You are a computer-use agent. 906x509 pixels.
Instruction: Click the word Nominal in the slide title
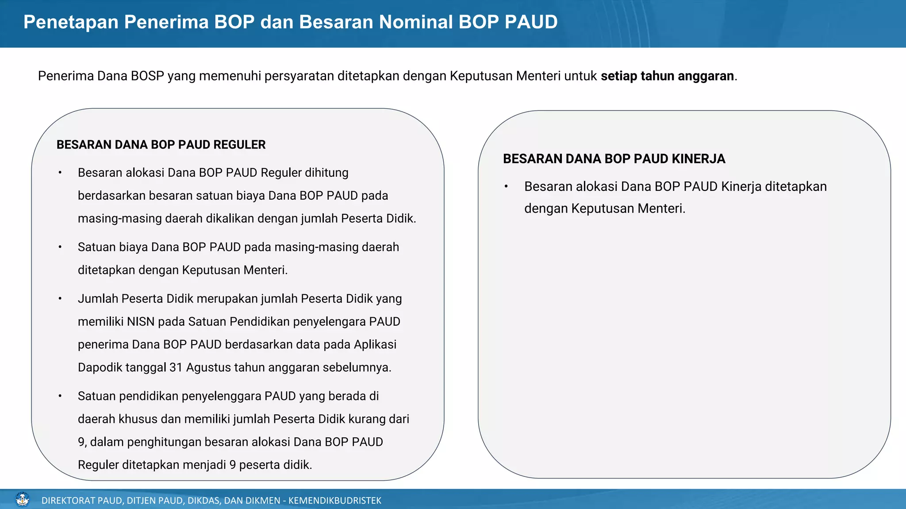click(x=415, y=22)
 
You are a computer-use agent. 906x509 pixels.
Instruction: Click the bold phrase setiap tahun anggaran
click(x=667, y=76)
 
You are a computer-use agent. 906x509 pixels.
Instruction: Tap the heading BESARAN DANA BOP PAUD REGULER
click(x=161, y=145)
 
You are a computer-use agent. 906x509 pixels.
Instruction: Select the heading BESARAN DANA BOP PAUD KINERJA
click(x=614, y=159)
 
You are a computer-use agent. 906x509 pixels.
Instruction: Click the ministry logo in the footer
click(x=22, y=500)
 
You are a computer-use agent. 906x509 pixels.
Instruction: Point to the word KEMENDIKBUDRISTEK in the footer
click(x=334, y=501)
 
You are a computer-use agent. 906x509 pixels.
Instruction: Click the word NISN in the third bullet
click(x=140, y=322)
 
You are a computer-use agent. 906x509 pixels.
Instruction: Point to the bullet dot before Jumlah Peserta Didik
click(x=60, y=299)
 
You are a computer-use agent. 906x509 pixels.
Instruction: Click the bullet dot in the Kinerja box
click(x=506, y=187)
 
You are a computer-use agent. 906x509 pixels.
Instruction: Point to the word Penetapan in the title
click(x=71, y=22)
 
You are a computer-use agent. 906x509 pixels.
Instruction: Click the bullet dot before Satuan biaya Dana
click(x=60, y=247)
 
